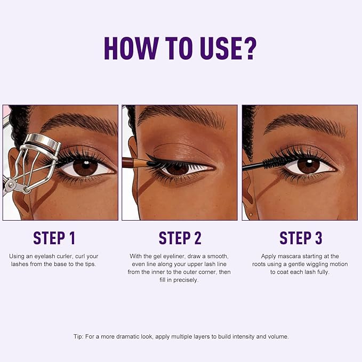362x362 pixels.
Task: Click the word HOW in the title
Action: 130,49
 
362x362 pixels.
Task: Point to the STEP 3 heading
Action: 301,238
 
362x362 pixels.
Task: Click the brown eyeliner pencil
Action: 134,161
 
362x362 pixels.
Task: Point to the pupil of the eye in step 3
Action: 308,165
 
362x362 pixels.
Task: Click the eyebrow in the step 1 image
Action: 80,123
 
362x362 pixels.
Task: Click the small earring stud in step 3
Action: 251,214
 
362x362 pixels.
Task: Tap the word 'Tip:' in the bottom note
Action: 78,337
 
